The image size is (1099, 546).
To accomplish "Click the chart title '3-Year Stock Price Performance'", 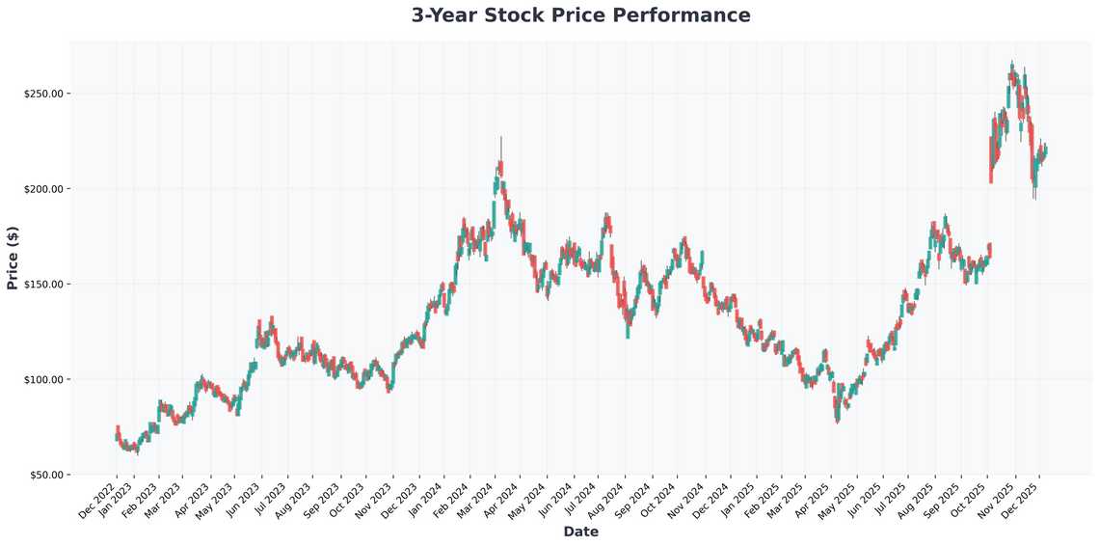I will tap(580, 15).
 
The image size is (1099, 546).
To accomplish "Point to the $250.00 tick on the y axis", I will tap(44, 94).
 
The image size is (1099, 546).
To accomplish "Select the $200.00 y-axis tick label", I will tap(44, 189).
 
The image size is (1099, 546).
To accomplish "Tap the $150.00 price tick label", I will tap(44, 285).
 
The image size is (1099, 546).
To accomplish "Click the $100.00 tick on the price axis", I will tap(44, 380).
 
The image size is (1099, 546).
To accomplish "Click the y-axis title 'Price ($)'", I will tap(13, 258).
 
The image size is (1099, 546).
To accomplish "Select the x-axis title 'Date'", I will tap(580, 532).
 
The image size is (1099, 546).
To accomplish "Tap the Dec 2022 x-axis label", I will tap(98, 498).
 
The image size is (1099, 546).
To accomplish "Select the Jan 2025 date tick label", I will tap(733, 498).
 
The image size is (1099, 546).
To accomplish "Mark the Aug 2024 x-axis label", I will tap(606, 498).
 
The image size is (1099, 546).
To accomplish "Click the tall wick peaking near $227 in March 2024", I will tap(501, 145).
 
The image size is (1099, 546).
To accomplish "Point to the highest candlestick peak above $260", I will tap(1011, 66).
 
